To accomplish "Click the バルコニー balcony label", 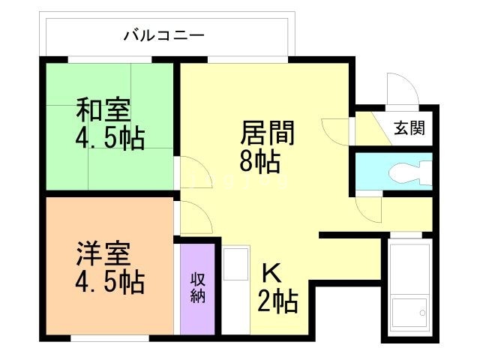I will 164,35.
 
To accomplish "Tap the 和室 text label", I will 103,110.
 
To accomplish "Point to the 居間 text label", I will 268,133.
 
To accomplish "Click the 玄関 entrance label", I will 409,128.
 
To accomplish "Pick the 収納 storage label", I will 198,286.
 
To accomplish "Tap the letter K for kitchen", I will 270,271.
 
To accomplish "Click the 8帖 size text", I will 260,160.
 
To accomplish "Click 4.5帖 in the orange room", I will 109,283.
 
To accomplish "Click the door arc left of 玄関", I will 337,130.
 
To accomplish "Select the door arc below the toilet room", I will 369,206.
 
